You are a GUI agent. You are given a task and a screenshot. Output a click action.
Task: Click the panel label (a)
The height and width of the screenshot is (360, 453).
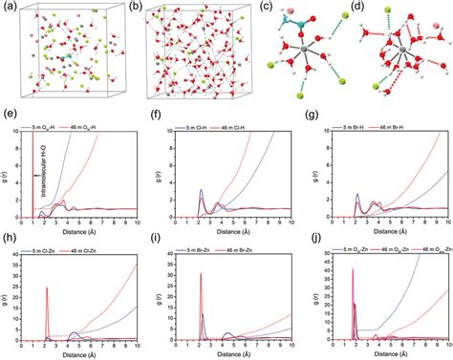coord(8,7)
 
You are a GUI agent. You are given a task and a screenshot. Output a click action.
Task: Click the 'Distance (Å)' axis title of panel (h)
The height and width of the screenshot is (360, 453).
coord(80,355)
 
